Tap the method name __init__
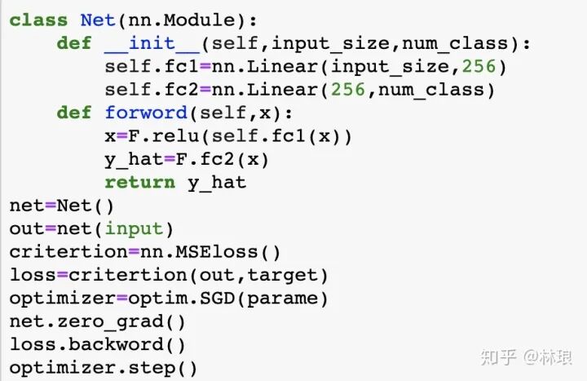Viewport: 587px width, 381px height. tap(152, 43)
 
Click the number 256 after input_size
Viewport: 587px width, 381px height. tap(479, 66)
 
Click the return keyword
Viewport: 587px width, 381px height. tap(140, 183)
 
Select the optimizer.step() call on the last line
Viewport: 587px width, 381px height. tap(104, 368)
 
